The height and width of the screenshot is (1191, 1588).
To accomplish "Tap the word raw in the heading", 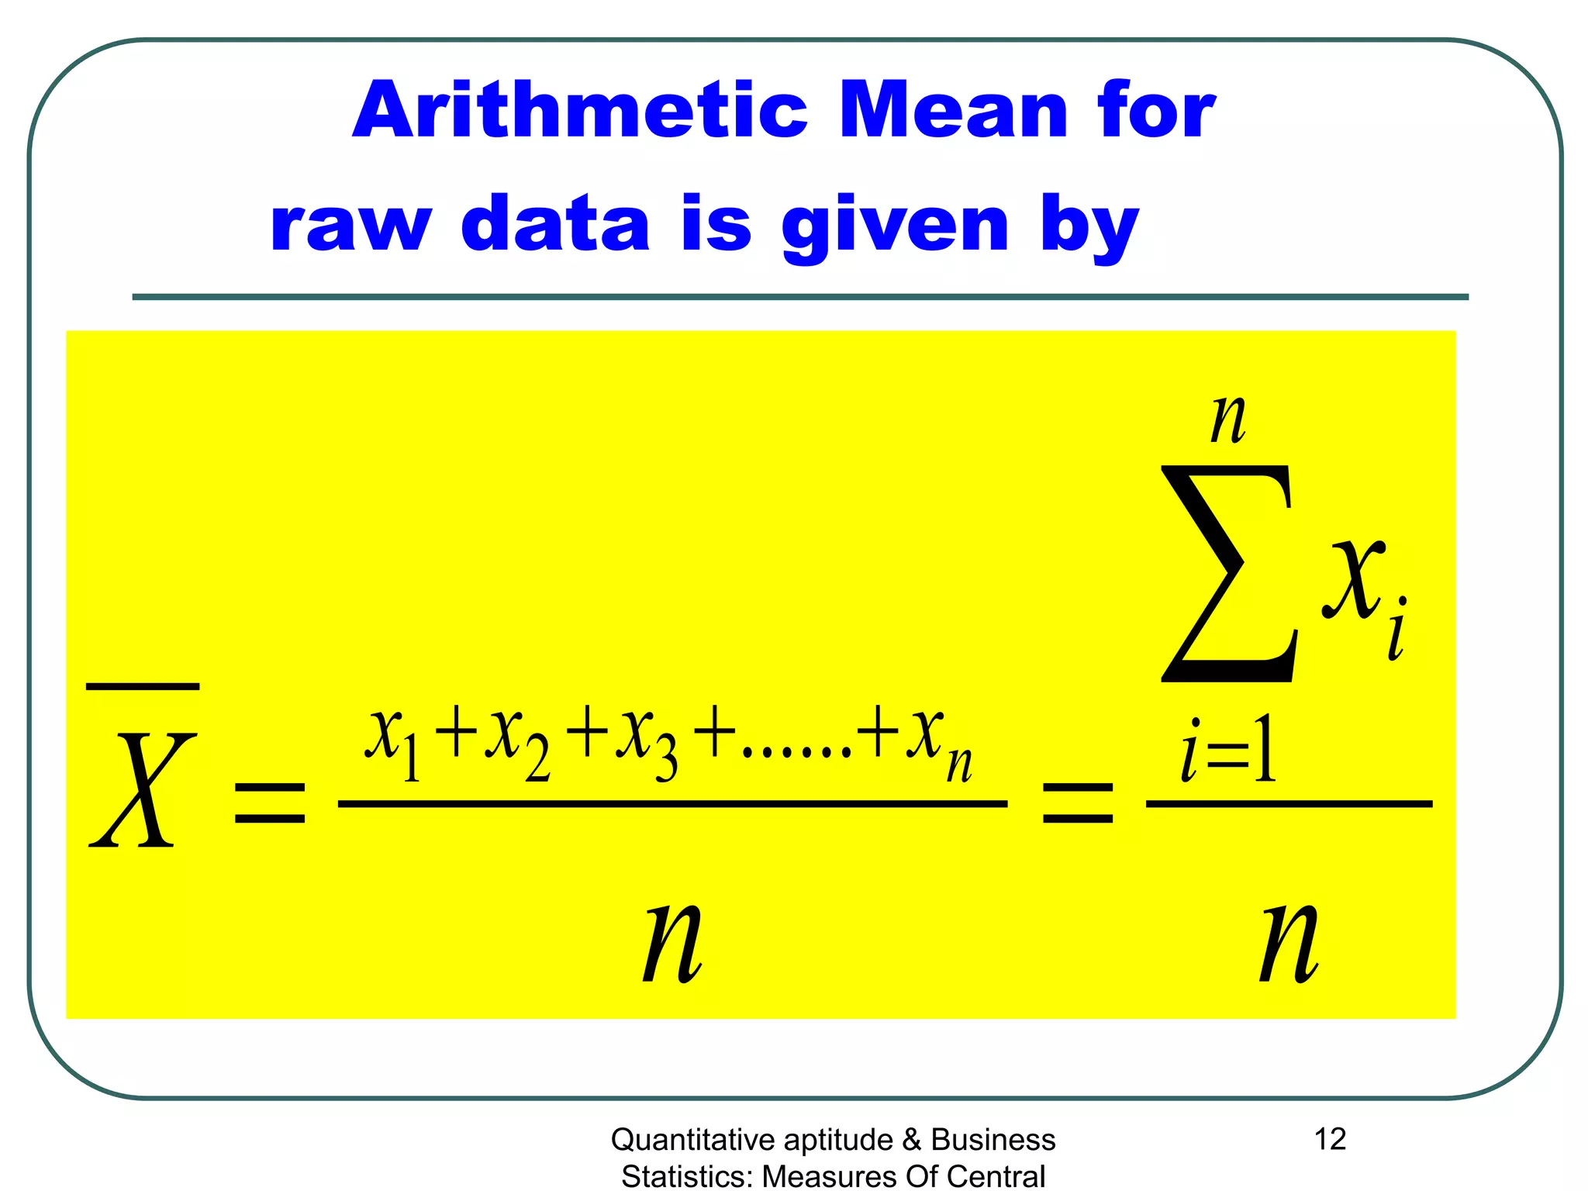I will click(x=350, y=225).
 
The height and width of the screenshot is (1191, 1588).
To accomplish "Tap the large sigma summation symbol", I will click(x=1229, y=574).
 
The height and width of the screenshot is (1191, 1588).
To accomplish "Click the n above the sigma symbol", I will click(x=1229, y=419).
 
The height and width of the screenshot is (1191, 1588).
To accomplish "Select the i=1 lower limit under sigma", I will click(x=1228, y=749).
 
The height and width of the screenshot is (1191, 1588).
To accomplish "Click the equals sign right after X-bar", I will click(x=270, y=803).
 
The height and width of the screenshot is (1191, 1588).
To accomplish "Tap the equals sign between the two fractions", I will click(x=1078, y=803).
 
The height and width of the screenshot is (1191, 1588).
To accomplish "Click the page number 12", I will click(x=1330, y=1139).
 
